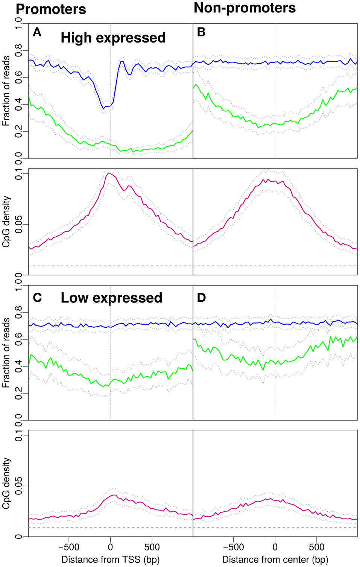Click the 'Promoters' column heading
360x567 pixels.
point(51,9)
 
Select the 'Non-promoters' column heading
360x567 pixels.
point(245,8)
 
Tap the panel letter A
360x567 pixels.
point(37,32)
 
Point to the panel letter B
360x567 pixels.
point(201,32)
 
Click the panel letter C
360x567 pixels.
point(37,298)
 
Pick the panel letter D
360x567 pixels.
point(202,298)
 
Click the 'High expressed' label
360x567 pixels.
point(113,38)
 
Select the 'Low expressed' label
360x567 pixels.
point(111,298)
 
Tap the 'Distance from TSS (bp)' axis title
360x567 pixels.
point(110,559)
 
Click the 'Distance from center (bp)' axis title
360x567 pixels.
point(275,559)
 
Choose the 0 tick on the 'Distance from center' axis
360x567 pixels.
point(275,547)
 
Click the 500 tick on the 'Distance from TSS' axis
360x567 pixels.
point(152,547)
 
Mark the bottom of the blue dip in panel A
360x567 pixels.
point(104,109)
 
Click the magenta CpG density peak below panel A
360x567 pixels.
point(108,173)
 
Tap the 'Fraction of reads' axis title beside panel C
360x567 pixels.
point(6,353)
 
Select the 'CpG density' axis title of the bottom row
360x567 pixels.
point(6,483)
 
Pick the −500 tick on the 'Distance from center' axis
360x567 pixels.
point(233,547)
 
